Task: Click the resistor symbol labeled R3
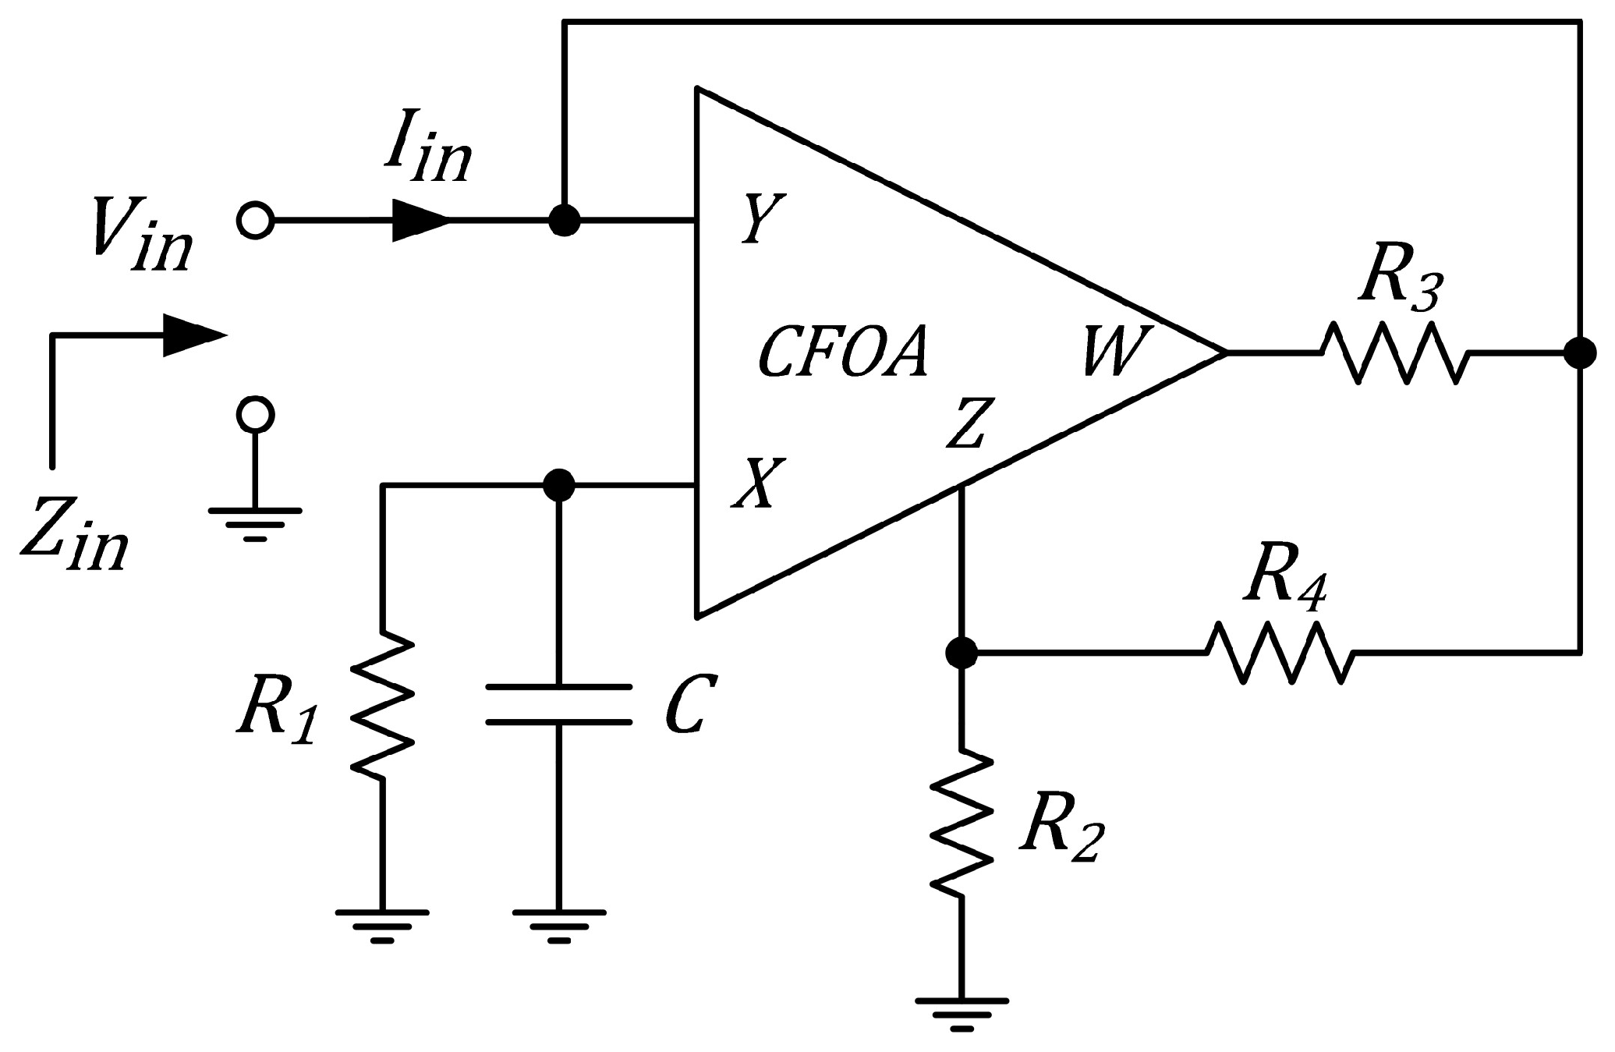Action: [x=1394, y=353]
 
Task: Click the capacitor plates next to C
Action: [x=558, y=705]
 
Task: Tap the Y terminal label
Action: [x=753, y=220]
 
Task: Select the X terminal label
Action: [x=753, y=483]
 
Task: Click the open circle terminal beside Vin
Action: [x=254, y=221]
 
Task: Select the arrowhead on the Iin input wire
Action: [x=420, y=221]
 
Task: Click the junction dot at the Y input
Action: [x=564, y=221]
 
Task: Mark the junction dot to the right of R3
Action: [x=1580, y=353]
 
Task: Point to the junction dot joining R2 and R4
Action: [x=962, y=652]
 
